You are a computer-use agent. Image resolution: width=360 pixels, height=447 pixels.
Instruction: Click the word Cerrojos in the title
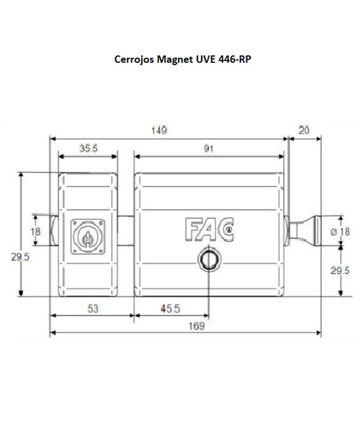[x=135, y=59]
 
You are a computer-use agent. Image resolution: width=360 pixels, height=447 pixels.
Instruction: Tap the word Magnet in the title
[x=175, y=59]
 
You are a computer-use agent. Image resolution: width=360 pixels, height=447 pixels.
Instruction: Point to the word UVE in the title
[x=205, y=59]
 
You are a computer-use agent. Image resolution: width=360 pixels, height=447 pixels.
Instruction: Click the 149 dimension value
[x=159, y=131]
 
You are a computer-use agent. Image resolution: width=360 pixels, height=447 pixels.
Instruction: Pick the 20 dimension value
[x=303, y=131]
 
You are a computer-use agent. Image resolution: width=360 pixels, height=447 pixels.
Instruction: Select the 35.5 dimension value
[x=89, y=148]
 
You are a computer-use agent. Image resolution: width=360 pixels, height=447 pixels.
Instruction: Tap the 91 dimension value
[x=209, y=149]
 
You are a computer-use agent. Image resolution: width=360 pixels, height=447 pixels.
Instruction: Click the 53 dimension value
[x=93, y=309]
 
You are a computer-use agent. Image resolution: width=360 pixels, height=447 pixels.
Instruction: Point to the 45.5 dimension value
[x=170, y=309]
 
